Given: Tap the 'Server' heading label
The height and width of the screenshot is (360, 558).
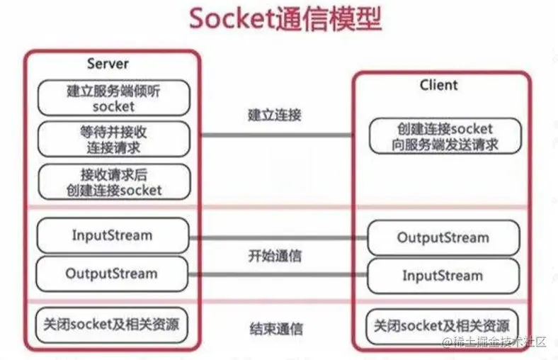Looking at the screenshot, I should coord(108,64).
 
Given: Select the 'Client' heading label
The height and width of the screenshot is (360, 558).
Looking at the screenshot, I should coord(439,85).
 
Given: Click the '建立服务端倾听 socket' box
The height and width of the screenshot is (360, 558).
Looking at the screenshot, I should coord(113,98).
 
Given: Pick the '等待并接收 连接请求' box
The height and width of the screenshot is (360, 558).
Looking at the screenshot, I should coord(113,140).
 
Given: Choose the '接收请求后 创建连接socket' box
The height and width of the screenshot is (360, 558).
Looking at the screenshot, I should coord(113,181).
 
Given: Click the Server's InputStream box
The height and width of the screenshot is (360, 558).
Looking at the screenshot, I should coord(113,235).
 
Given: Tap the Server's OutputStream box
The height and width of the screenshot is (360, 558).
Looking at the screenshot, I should coord(113,274).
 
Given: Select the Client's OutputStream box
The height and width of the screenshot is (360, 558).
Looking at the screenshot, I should coord(443,237).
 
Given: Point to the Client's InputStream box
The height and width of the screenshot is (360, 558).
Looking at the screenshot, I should coord(443,276).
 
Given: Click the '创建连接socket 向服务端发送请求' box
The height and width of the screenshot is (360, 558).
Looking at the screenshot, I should coord(445,136).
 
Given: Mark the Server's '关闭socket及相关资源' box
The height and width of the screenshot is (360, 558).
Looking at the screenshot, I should coord(113,326).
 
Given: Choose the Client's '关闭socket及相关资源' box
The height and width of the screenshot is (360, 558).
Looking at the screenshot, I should coord(443,327).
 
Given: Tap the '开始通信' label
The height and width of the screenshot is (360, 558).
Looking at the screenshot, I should coord(277,256).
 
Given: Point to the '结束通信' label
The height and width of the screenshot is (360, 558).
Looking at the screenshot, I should coord(277,329).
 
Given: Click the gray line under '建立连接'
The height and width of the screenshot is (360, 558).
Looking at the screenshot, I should coord(277,135).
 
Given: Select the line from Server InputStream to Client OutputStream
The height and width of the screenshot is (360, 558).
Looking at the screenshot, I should coord(277,237).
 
